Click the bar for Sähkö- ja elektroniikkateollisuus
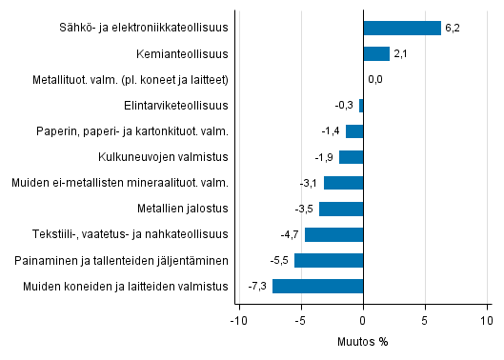coord(402,28)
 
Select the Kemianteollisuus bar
coord(376,53)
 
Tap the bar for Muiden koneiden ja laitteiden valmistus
coord(317,286)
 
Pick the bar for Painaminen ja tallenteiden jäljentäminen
coord(329,260)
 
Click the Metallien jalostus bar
coord(341,209)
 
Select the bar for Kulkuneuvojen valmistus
coord(352,157)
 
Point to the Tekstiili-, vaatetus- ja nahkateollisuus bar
coord(333,234)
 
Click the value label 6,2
coord(453,28)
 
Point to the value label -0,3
coord(345,105)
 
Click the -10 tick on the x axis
coord(237,320)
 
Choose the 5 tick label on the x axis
coord(425,320)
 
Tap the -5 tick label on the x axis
coord(300,320)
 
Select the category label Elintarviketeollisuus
coord(176,105)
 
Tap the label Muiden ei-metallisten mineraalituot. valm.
coord(119,183)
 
